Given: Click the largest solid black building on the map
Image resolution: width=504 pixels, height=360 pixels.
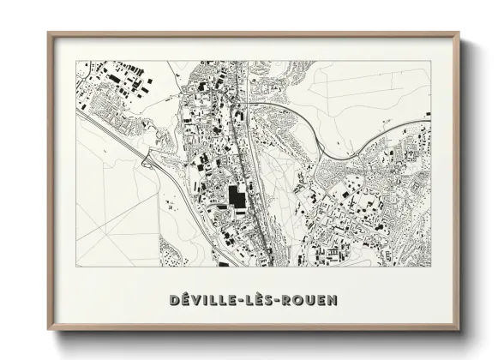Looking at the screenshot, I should pyautogui.click(x=236, y=197).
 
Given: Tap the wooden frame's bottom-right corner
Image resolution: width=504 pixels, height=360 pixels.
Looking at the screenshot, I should pyautogui.click(x=459, y=331).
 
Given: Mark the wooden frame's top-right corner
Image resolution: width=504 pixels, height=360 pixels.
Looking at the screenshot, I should pyautogui.click(x=459, y=33).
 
